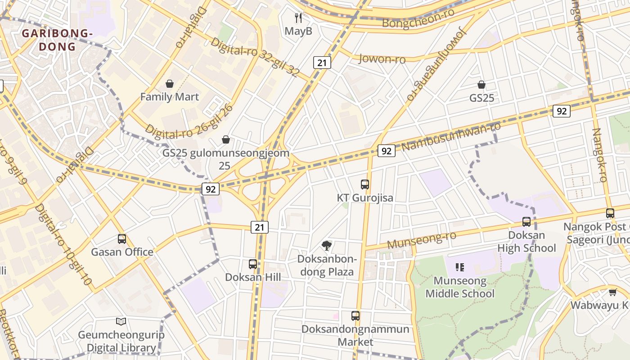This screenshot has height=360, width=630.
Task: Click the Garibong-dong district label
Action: [x=57, y=40]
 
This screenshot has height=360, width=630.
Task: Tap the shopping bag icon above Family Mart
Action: [x=170, y=84]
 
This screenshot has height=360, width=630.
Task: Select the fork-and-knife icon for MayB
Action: [x=298, y=18]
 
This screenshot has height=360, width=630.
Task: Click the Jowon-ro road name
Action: [x=382, y=58]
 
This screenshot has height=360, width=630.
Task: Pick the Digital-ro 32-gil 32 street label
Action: [x=254, y=58]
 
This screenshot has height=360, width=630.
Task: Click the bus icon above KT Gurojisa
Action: [x=365, y=184]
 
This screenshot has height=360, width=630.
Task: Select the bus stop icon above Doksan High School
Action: [x=526, y=221]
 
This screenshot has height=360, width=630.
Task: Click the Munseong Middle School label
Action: [x=460, y=287]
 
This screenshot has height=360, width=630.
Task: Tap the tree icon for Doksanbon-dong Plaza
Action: [x=327, y=245]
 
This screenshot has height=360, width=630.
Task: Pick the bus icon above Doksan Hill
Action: [x=253, y=264]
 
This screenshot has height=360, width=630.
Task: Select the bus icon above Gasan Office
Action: [x=122, y=238]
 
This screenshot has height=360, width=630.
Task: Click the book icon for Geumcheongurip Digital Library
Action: [x=121, y=321]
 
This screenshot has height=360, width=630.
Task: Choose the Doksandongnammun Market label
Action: [x=355, y=335]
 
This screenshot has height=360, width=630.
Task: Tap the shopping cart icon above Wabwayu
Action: [x=612, y=292]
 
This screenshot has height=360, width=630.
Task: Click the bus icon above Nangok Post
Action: [x=610, y=213]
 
